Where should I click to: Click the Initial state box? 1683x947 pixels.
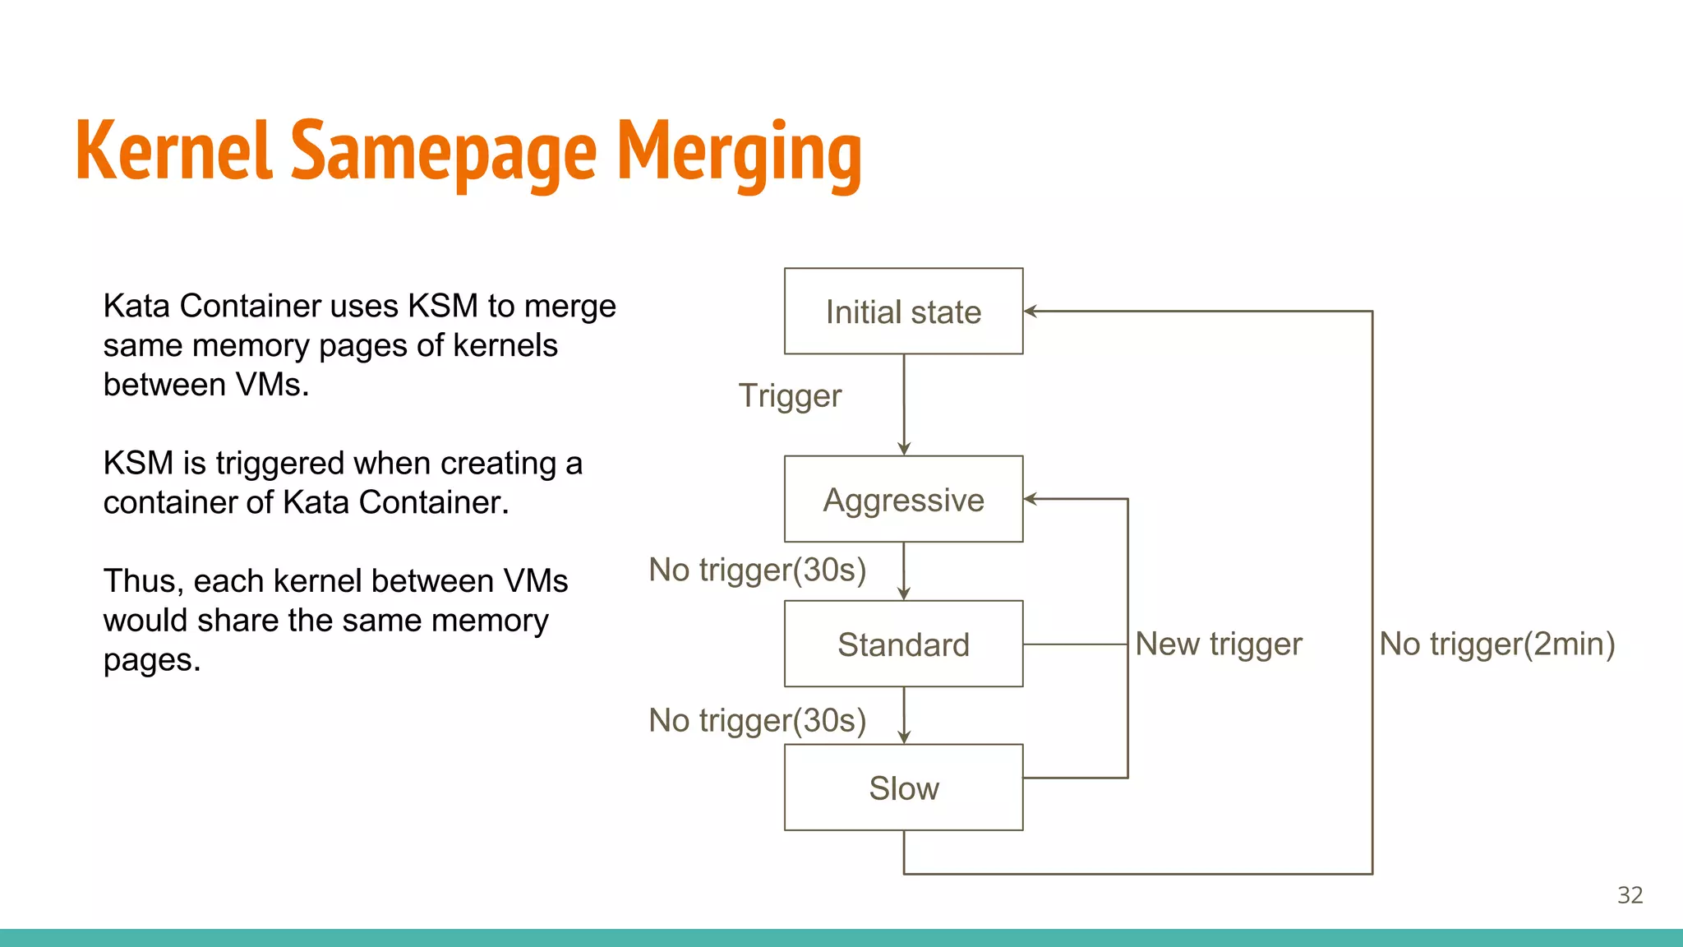click(903, 312)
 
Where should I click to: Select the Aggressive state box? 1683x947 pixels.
click(903, 499)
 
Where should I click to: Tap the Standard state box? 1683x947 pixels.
click(903, 644)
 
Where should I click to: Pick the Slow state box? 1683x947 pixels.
click(903, 788)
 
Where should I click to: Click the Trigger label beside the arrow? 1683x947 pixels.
click(790, 396)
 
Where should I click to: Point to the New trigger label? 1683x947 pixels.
click(1218, 644)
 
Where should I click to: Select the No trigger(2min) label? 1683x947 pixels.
click(1496, 644)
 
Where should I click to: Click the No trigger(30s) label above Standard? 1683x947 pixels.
click(757, 570)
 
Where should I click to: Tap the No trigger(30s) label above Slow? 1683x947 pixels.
click(757, 720)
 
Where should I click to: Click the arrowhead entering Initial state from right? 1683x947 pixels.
click(1030, 312)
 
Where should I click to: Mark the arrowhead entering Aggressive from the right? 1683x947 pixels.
click(1030, 499)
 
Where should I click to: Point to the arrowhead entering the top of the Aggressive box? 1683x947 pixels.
click(904, 449)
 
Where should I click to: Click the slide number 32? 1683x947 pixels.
click(1630, 895)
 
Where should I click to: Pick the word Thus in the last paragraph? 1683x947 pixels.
click(139, 581)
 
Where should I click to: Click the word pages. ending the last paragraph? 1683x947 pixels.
click(152, 661)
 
